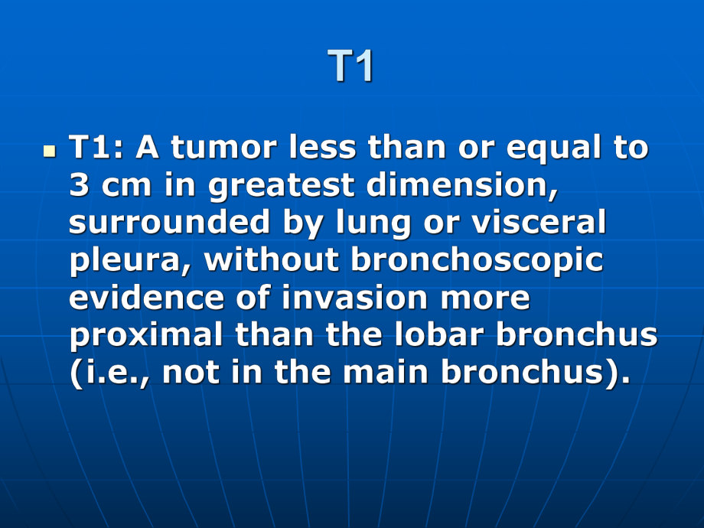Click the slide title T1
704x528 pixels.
click(x=350, y=66)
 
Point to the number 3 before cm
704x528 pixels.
click(x=79, y=184)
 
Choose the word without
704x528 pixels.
click(x=271, y=259)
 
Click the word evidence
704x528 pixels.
click(x=146, y=297)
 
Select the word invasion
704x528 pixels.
click(x=354, y=297)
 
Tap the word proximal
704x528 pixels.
click(x=146, y=336)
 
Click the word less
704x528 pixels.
click(x=322, y=147)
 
